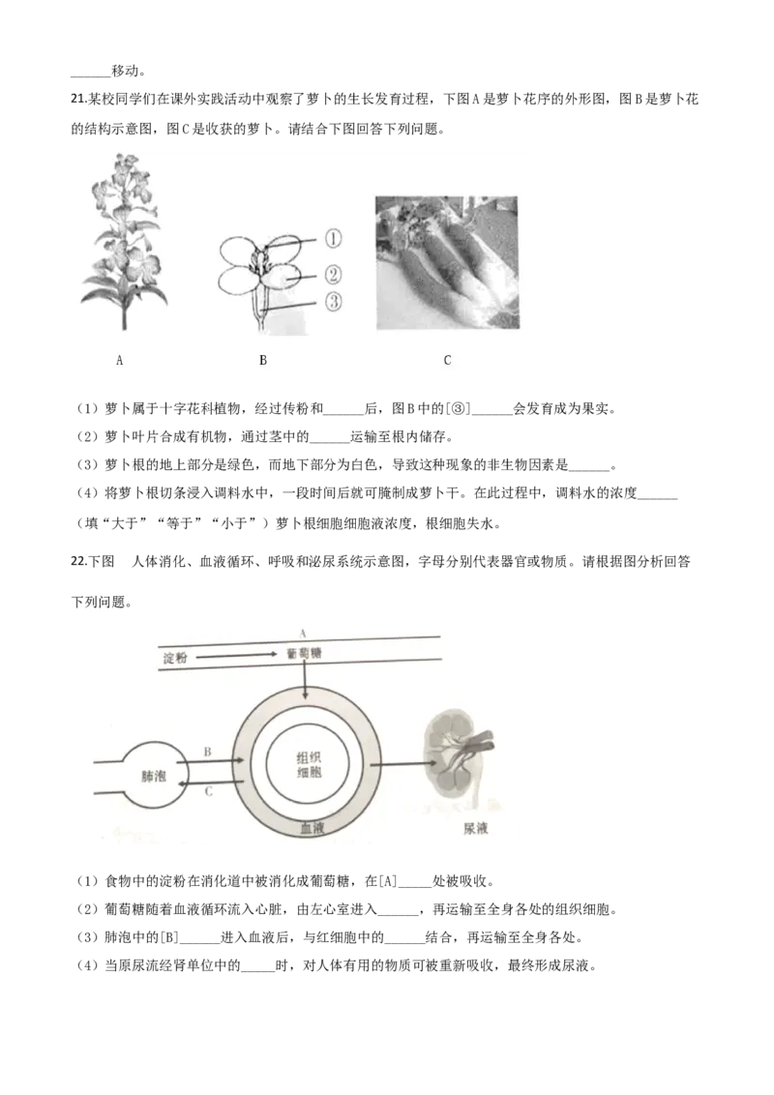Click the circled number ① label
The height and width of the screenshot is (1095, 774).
(x=332, y=238)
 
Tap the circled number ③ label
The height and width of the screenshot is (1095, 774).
(x=332, y=303)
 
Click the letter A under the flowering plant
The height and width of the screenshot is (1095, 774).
(x=120, y=361)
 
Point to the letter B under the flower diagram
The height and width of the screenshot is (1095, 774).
(x=263, y=361)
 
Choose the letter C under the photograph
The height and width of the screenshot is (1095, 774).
(x=447, y=361)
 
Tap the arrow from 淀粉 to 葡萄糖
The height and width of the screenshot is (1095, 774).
(x=233, y=656)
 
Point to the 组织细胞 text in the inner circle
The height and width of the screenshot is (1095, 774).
(x=307, y=766)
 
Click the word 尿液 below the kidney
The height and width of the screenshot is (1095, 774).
(x=475, y=829)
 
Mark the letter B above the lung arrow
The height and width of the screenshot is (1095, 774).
(x=207, y=751)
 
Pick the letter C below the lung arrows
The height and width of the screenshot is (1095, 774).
(x=210, y=790)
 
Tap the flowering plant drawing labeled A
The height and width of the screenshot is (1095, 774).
(x=122, y=237)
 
